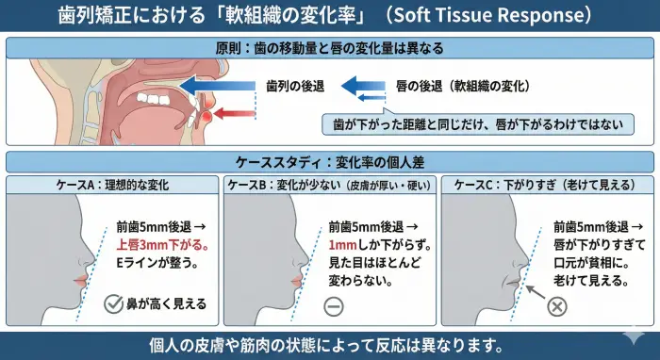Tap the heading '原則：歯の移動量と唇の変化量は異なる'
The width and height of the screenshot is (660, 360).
(x=329, y=47)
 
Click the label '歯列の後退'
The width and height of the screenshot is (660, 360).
(x=296, y=85)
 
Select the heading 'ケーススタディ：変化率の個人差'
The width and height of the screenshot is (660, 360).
(x=329, y=161)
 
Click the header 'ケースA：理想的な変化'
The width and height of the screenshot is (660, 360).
(x=111, y=185)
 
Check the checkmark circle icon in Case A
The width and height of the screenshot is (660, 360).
(x=112, y=303)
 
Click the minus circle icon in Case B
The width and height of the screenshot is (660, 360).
(x=332, y=305)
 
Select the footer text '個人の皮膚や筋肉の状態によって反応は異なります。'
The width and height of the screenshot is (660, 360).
(x=329, y=343)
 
